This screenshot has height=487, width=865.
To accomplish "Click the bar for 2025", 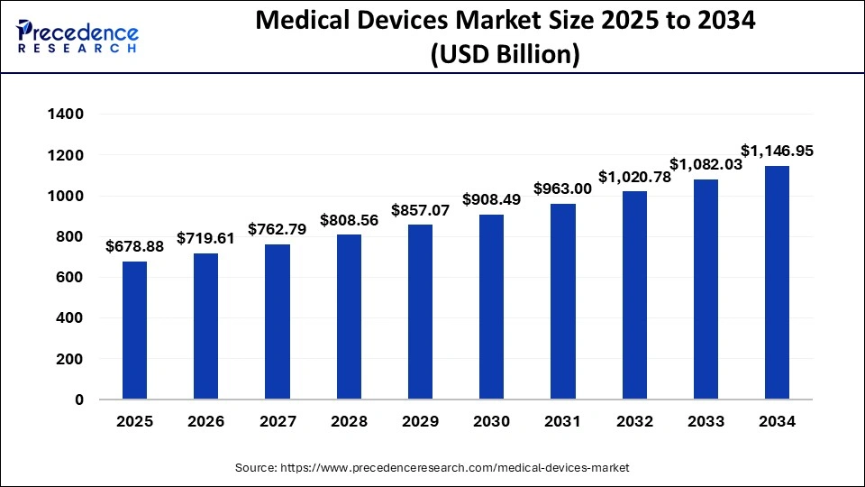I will click(134, 330).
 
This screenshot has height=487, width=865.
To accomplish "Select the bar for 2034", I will click(777, 282).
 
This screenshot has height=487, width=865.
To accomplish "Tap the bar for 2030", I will click(491, 307).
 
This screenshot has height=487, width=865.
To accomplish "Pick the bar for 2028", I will click(349, 317).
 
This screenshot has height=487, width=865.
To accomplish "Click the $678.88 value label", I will click(134, 245).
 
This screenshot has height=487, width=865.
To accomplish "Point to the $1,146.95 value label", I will click(777, 151).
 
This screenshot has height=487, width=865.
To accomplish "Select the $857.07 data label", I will click(420, 209).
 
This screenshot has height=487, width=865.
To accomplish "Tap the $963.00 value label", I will click(562, 188).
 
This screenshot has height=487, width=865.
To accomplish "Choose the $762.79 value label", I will click(277, 228).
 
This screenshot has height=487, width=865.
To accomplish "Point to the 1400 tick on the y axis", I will click(68, 115).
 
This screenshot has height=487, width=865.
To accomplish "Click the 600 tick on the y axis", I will click(74, 278).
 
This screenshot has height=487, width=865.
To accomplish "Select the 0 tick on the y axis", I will click(78, 400).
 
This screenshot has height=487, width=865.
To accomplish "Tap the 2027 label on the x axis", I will click(277, 422).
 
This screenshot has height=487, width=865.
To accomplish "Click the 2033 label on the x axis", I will click(706, 422).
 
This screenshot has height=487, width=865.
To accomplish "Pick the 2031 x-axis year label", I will click(562, 422).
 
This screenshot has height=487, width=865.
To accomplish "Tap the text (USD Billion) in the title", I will click(505, 55).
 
